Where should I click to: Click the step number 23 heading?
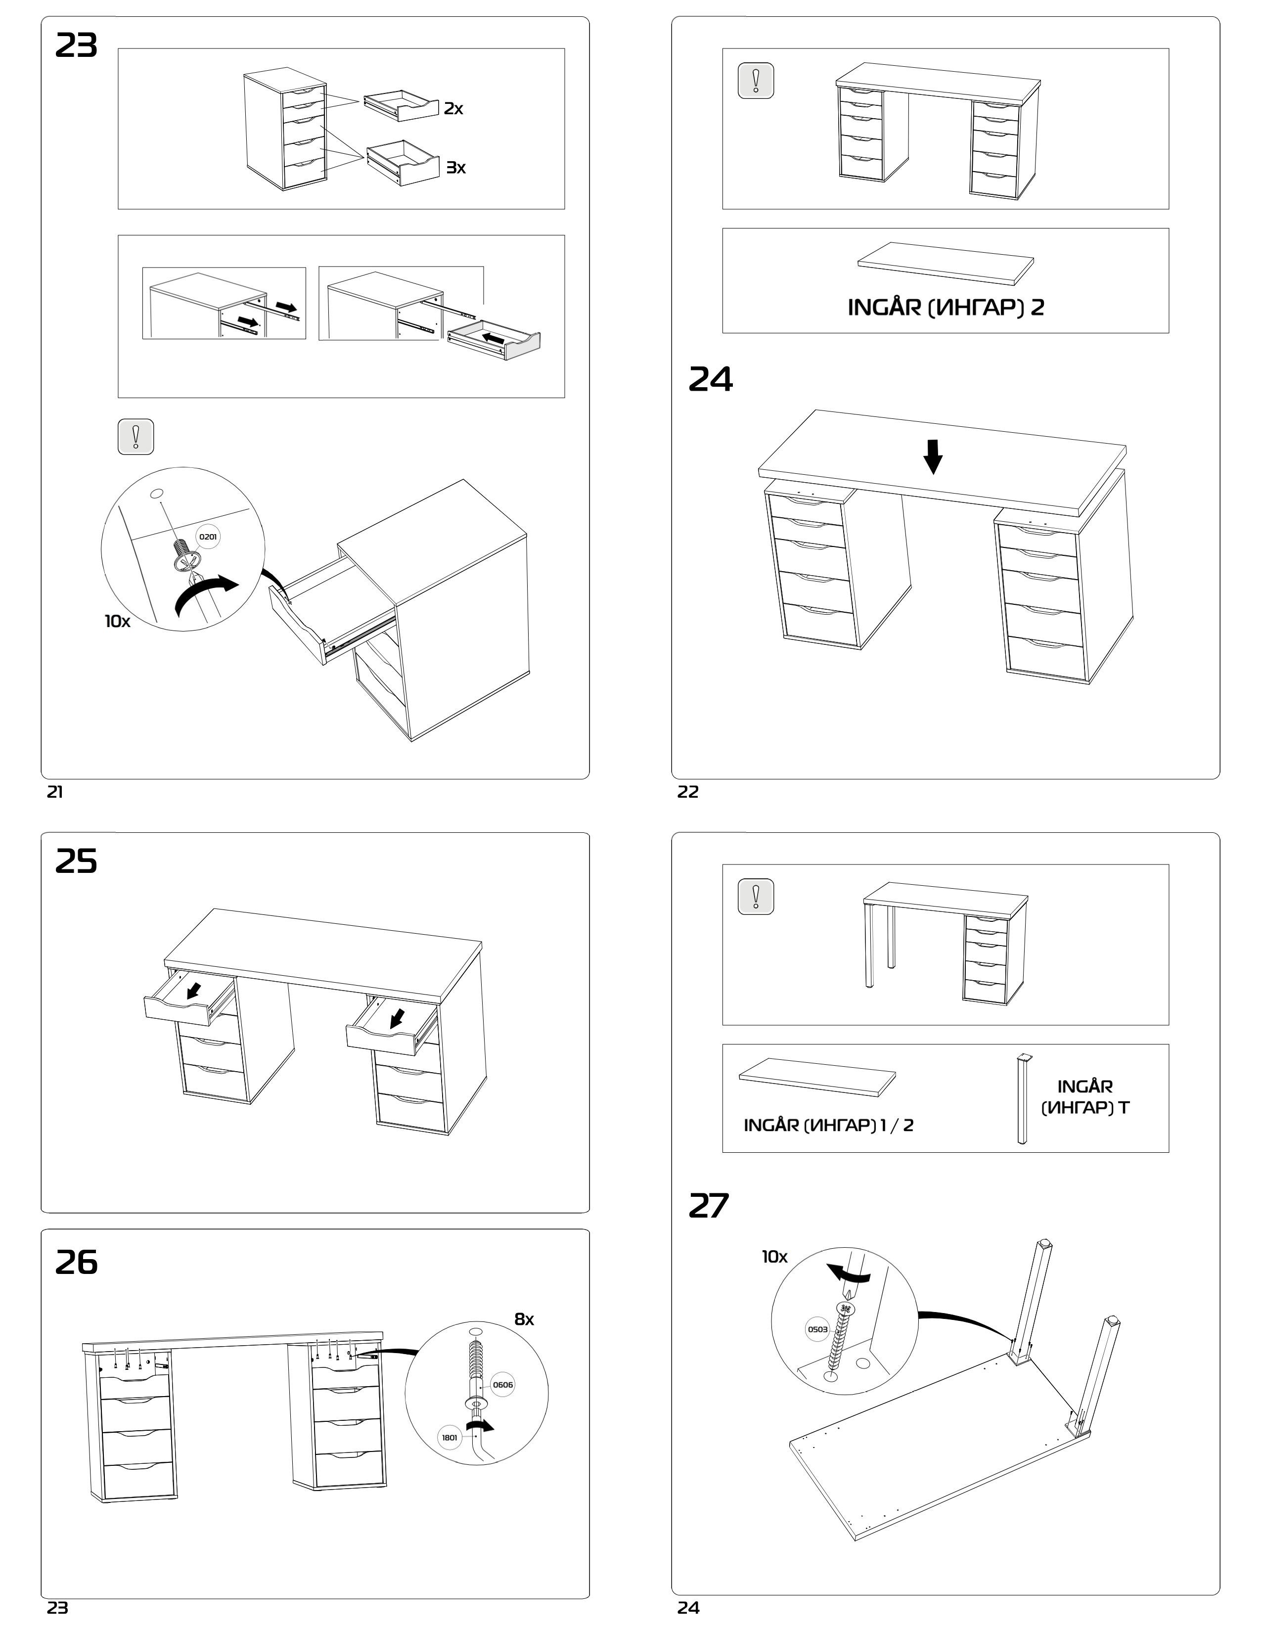pos(76,46)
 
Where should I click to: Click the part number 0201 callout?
pos(208,537)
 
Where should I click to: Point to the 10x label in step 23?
pos(117,622)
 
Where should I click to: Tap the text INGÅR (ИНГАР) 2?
pos(945,307)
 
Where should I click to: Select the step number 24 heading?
pos(711,380)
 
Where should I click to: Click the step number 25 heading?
pos(76,861)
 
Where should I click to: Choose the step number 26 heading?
pos(76,1262)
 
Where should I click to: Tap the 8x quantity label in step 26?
pos(524,1319)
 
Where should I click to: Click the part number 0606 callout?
pos(503,1385)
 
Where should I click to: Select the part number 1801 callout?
pos(450,1438)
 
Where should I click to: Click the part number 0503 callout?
pos(817,1329)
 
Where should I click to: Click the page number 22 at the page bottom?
pos(688,792)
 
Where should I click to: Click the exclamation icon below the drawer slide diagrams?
pos(136,436)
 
